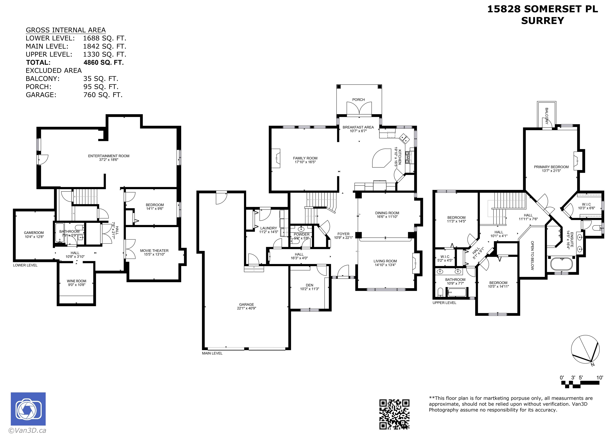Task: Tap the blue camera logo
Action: (28, 409)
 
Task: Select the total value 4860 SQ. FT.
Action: (104, 62)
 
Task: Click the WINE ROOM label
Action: (76, 281)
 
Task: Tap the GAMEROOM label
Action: (34, 233)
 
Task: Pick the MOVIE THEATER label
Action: (154, 251)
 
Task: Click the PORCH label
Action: (359, 100)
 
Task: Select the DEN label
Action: (309, 285)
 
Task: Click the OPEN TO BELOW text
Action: (532, 256)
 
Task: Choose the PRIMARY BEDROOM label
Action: (551, 167)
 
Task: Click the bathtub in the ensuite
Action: (561, 264)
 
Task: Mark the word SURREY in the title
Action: (543, 21)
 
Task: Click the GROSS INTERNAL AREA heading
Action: (66, 30)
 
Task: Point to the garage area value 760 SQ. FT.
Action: (103, 95)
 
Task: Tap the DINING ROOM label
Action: (387, 213)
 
